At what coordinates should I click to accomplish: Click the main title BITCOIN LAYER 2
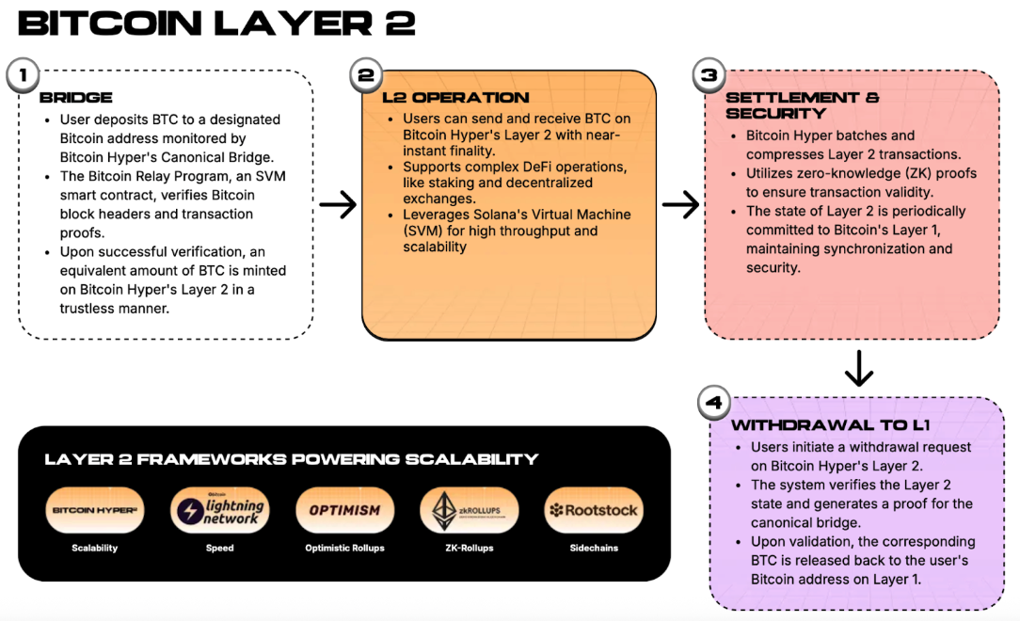(x=216, y=23)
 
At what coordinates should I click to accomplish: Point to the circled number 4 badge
(x=714, y=403)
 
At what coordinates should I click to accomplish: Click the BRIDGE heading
(x=76, y=97)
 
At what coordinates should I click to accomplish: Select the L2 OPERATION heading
(x=455, y=97)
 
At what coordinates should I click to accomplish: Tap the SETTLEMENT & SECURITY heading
(x=802, y=104)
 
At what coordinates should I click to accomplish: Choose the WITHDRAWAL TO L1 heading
(x=831, y=425)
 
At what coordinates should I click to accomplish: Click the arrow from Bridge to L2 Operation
(x=338, y=205)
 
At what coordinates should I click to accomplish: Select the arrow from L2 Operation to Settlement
(x=680, y=205)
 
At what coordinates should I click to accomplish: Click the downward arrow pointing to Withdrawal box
(x=858, y=368)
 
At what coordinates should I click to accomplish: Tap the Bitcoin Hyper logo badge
(x=95, y=511)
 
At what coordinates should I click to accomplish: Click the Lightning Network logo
(x=220, y=511)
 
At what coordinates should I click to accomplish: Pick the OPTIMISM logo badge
(x=344, y=511)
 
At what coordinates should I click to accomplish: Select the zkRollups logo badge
(x=469, y=511)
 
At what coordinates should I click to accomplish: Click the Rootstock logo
(x=594, y=511)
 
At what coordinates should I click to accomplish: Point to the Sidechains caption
(x=594, y=548)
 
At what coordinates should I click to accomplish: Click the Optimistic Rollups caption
(x=344, y=548)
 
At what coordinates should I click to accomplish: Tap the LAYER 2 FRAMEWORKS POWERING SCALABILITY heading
(x=292, y=459)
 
